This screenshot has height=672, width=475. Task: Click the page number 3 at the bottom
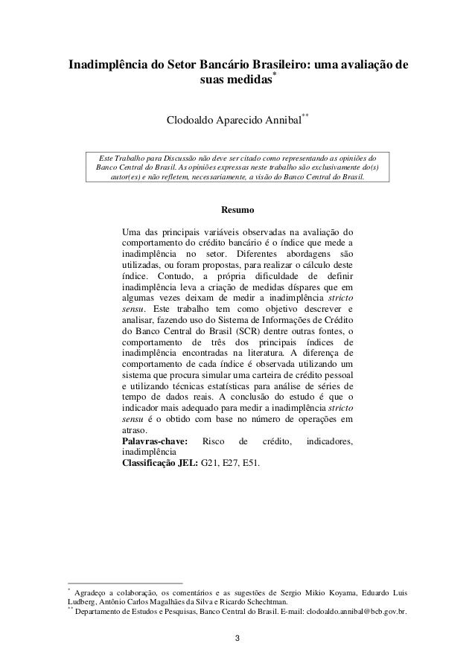(237, 638)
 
